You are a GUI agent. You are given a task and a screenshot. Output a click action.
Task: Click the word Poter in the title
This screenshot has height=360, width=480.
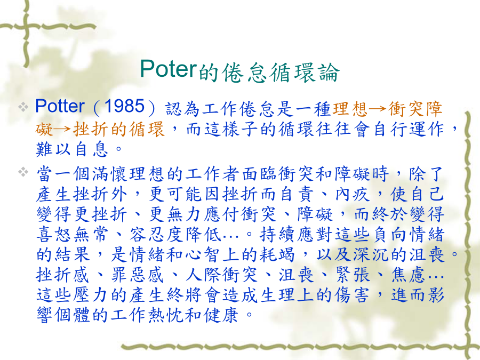coord(168,69)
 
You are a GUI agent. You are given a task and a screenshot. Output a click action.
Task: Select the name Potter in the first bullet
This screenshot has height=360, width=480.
coord(60,106)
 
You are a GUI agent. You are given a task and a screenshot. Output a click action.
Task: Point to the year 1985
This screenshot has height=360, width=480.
coord(124,106)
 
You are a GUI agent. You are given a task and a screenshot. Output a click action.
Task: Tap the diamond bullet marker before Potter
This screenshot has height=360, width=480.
coord(23,107)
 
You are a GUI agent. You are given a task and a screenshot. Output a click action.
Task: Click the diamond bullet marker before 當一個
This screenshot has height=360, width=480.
coord(23,172)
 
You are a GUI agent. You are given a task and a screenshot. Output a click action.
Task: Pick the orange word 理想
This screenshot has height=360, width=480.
coord(350,109)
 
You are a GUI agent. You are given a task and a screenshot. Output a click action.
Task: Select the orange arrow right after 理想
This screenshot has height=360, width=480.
coord(378,109)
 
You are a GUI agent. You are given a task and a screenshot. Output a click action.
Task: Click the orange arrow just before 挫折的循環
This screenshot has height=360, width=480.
coord(63,129)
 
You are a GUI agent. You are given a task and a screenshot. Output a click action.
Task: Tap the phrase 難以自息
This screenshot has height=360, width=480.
coord(72,149)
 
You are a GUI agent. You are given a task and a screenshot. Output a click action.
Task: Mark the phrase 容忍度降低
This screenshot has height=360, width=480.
coord(175,235)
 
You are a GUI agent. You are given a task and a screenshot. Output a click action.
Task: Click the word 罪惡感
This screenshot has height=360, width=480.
coord(137,275)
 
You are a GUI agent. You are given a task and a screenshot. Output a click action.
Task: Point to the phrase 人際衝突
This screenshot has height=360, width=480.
coord(222,275)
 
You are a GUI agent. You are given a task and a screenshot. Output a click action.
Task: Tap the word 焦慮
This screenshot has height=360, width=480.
coord(409,275)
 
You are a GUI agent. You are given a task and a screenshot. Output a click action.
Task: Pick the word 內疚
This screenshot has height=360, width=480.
coord(353,194)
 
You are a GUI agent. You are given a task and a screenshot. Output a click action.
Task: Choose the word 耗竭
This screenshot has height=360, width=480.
coord(277,255)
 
